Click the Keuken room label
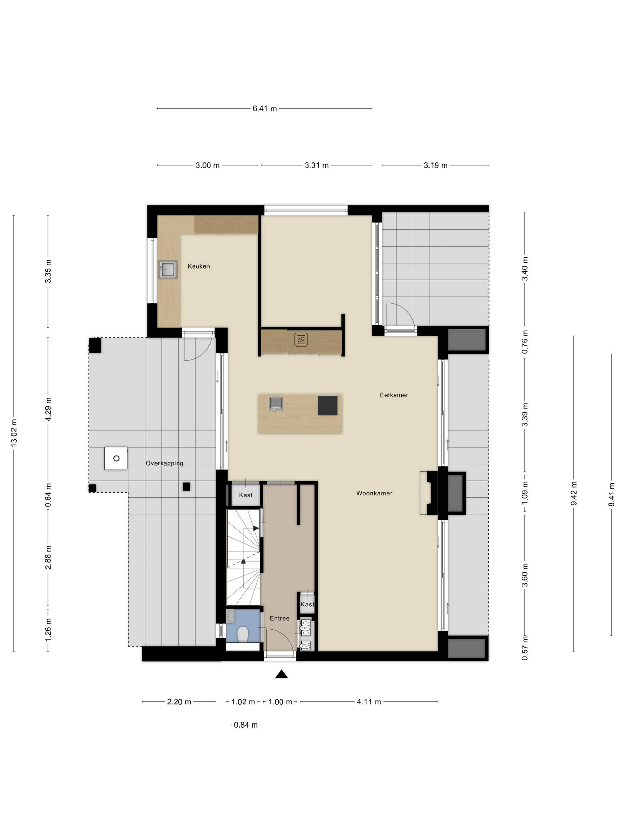pyautogui.click(x=199, y=266)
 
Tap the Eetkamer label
pyautogui.click(x=394, y=395)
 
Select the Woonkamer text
pyautogui.click(x=374, y=493)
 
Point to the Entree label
pyautogui.click(x=280, y=618)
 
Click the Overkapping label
pyautogui.click(x=164, y=463)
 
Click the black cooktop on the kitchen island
pyautogui.click(x=327, y=405)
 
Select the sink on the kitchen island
pyautogui.click(x=275, y=403)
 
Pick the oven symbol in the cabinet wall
pyautogui.click(x=301, y=340)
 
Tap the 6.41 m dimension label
pyautogui.click(x=264, y=109)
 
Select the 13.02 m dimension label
pyautogui.click(x=14, y=433)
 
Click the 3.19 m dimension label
pyautogui.click(x=436, y=165)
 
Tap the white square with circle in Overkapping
pyautogui.click(x=116, y=458)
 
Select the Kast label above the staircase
pyautogui.click(x=246, y=495)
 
